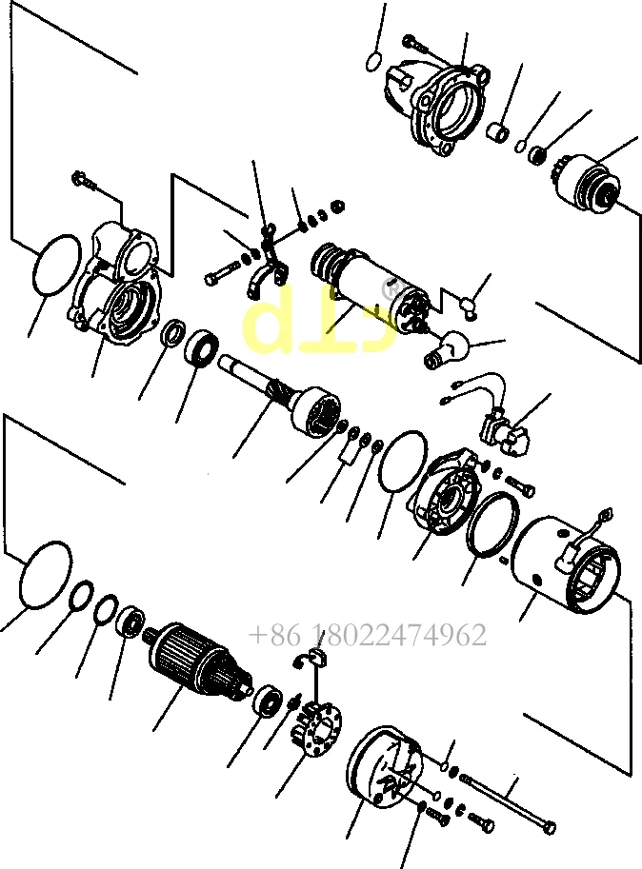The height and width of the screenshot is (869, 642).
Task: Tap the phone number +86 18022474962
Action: coord(368,635)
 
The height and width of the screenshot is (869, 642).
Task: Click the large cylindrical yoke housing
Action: coord(565,563)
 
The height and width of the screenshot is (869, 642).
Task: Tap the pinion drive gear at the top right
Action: coord(588,181)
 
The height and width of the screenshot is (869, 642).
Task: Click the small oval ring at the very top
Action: coord(374,62)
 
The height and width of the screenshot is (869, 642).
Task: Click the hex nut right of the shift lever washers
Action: coord(338,205)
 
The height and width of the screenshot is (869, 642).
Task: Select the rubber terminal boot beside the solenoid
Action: coord(449,349)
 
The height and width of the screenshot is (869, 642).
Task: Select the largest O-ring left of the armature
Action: coord(45,576)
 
